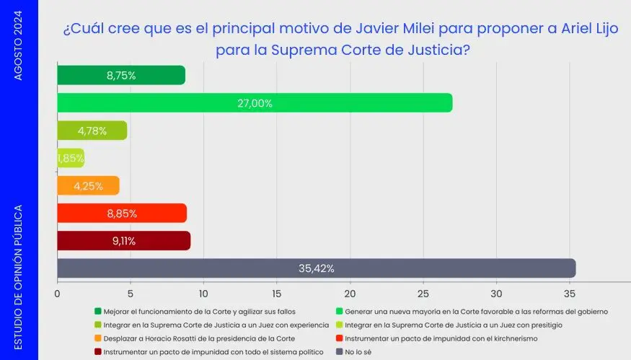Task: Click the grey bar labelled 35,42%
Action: (x=316, y=268)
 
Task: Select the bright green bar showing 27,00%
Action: (x=255, y=103)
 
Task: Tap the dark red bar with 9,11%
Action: (x=123, y=241)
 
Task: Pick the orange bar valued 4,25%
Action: (x=88, y=186)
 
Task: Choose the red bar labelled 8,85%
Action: (x=122, y=214)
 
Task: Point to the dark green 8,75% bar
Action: (x=121, y=76)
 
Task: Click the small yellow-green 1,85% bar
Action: (x=71, y=158)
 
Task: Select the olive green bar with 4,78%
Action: (x=92, y=131)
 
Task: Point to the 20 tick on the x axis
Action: (x=350, y=294)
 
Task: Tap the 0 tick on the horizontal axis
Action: (x=58, y=294)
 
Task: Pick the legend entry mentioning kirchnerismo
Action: (x=441, y=338)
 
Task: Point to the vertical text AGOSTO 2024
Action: (x=19, y=43)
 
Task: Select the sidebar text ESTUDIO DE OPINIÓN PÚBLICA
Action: (x=19, y=277)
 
